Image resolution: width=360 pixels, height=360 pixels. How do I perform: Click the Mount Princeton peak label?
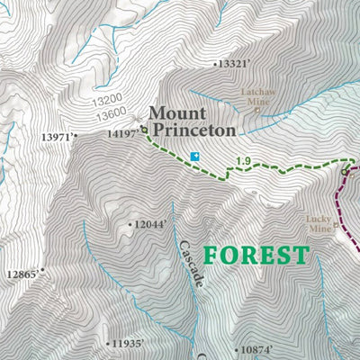pyautogui.click(x=192, y=121)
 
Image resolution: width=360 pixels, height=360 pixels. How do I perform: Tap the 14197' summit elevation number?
pyautogui.click(x=121, y=133)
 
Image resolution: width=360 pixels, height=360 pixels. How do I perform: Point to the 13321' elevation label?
pyautogui.click(x=229, y=64)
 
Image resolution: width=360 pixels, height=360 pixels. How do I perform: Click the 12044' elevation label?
pyautogui.click(x=148, y=225)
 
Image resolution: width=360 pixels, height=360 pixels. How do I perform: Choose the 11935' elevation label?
pyautogui.click(x=125, y=344)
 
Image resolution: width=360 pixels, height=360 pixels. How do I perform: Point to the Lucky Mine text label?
pyautogui.click(x=319, y=223)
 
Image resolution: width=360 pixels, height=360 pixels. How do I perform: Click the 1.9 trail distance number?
pyautogui.click(x=243, y=162)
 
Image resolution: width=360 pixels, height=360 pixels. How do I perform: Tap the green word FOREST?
pyautogui.click(x=256, y=256)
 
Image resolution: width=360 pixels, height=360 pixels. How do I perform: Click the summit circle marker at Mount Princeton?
pyautogui.click(x=144, y=129)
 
